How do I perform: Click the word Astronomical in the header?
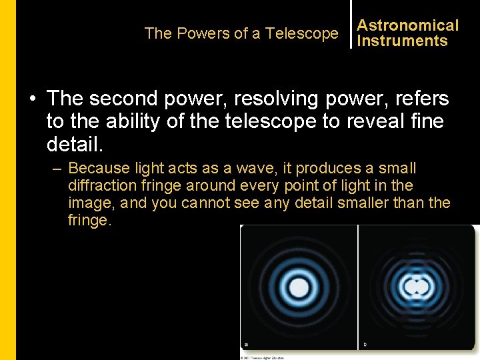tap(407, 25)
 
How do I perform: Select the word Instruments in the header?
tap(402, 41)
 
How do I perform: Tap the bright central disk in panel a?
tap(299, 288)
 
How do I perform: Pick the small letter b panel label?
tap(365, 345)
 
